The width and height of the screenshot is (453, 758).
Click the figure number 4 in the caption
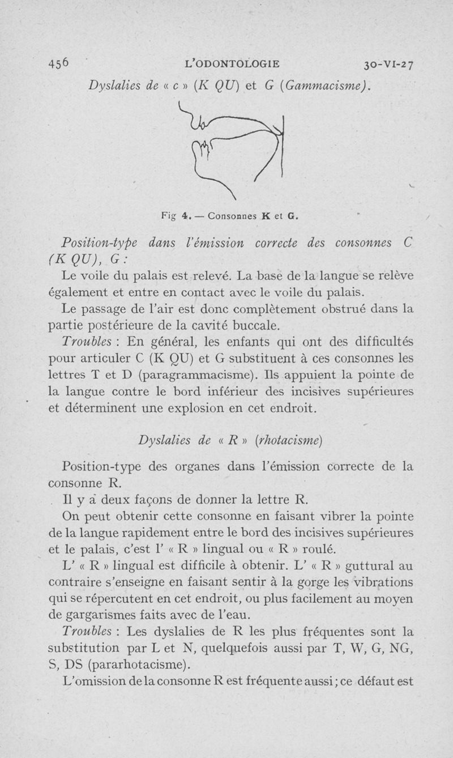click(185, 215)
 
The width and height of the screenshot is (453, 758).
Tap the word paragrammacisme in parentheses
click(211, 375)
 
